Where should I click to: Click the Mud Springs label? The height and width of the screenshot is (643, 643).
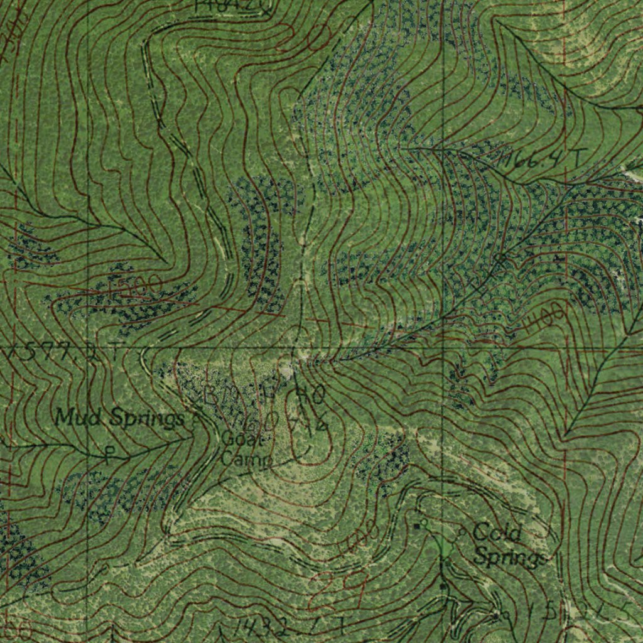[x=119, y=417]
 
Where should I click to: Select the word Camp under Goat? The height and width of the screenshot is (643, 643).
[x=246, y=460]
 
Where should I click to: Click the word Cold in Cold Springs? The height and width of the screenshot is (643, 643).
[x=497, y=534]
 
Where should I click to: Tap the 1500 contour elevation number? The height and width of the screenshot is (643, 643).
[x=134, y=287]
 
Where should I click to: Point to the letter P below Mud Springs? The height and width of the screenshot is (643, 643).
[x=111, y=454]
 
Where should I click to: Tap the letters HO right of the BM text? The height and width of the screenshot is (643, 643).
[x=310, y=396]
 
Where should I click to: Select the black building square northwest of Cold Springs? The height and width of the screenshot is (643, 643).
[x=416, y=526]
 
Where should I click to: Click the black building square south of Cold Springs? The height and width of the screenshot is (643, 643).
[x=443, y=586]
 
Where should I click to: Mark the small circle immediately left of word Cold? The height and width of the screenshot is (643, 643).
[x=463, y=532]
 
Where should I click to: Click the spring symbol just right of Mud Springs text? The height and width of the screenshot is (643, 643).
[x=195, y=421]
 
